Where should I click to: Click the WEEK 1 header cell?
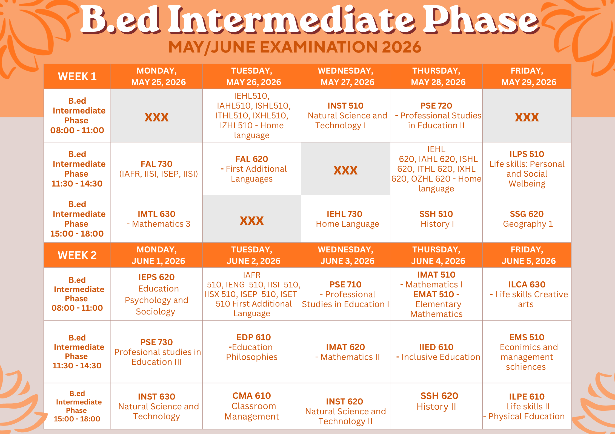tap(77, 76)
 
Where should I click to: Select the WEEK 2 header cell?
tap(77, 255)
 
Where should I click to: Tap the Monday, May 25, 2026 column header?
tap(157, 76)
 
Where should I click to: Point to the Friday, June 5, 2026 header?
tap(527, 255)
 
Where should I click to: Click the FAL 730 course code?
tap(157, 164)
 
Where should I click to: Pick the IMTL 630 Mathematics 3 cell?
tap(157, 219)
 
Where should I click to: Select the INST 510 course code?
tap(345, 106)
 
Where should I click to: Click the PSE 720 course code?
tap(436, 106)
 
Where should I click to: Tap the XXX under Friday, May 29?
tap(527, 117)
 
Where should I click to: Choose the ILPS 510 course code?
tap(527, 154)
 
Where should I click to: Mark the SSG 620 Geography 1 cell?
tap(527, 219)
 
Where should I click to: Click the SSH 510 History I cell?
tap(436, 219)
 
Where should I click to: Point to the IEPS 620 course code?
tap(156, 277)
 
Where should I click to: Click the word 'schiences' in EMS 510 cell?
tap(526, 367)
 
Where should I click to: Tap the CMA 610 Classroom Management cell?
tap(252, 406)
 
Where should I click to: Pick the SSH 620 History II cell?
tap(436, 406)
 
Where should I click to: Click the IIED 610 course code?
tap(436, 347)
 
